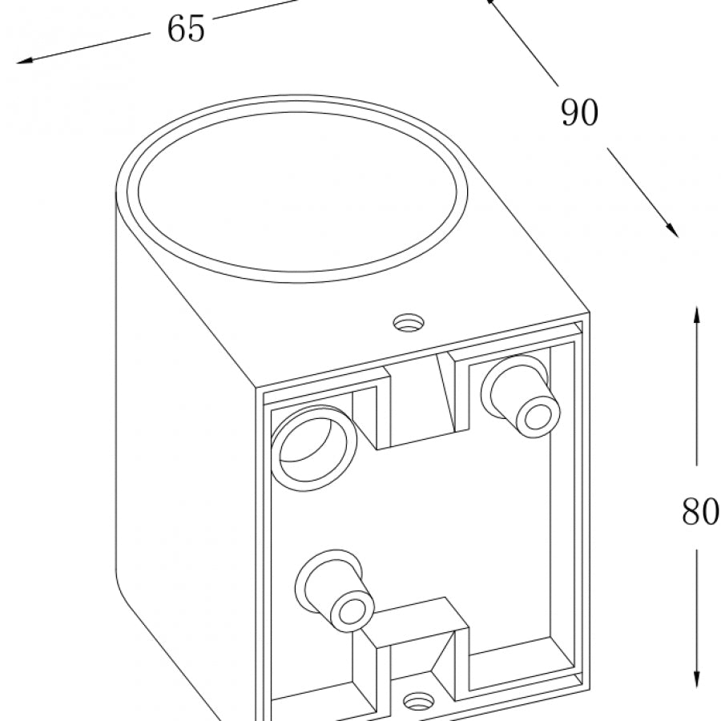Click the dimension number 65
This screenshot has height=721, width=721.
186,29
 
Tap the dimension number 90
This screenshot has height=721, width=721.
579,113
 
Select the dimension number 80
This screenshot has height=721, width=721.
700,511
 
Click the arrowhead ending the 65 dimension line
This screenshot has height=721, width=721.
21,61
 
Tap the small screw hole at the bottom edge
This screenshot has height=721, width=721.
417,703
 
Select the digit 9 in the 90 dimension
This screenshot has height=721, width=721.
570,113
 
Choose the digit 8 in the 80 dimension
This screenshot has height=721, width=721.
691,511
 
